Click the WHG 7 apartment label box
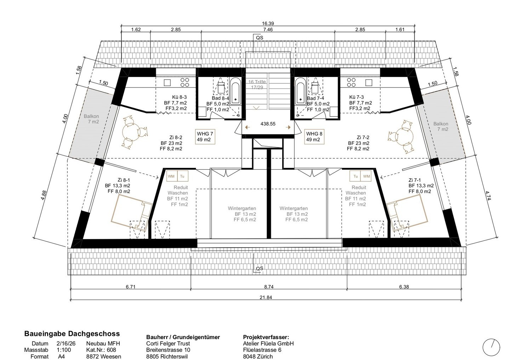[x=205, y=137]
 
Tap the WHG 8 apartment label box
[x=314, y=137]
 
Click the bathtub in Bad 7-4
[x=301, y=91]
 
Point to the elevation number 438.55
[x=268, y=124]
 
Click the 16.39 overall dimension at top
[x=268, y=23]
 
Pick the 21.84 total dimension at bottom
[x=266, y=297]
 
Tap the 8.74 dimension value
[x=269, y=287]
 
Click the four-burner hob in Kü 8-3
[x=185, y=82]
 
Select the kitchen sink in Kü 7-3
[x=369, y=83]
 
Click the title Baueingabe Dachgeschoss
[x=72, y=334]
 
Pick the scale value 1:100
[x=64, y=350]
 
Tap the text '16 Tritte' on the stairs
[x=257, y=81]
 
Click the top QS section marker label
[x=259, y=38]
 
